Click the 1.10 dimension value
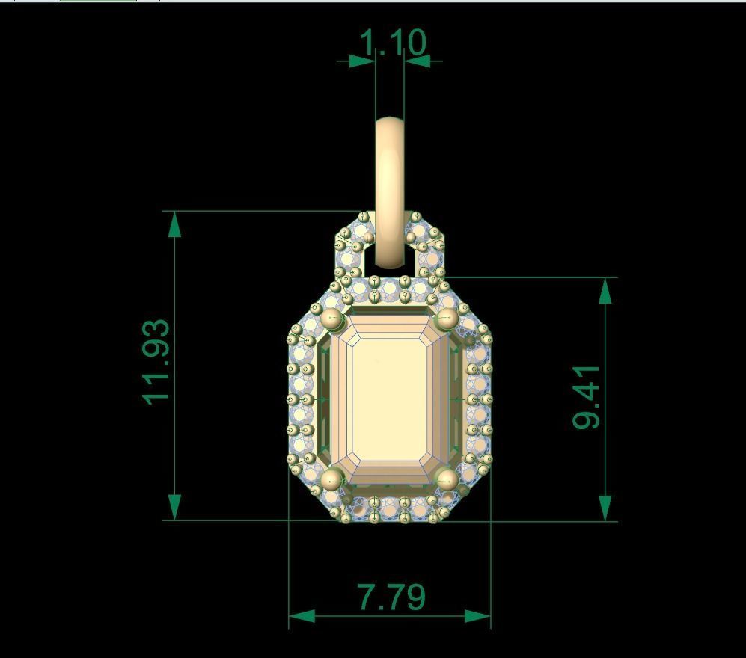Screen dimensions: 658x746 393,43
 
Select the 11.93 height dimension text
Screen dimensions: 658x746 158,362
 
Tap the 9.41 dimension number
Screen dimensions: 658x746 587,397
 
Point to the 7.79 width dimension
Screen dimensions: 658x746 392,597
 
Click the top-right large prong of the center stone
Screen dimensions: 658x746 446,319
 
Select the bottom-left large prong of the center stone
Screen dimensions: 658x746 331,479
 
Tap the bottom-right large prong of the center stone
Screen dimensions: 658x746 447,479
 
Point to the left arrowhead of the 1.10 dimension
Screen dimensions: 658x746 362,61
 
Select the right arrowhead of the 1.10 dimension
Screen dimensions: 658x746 418,61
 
